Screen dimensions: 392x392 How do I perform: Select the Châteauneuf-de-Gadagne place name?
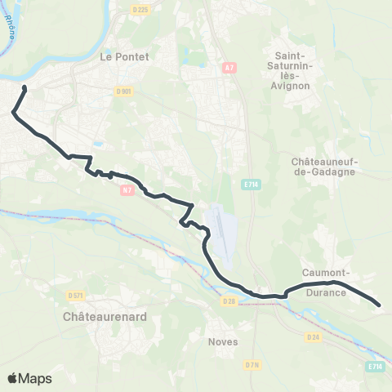coord(319,167)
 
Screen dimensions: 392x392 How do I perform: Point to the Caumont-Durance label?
coord(327,282)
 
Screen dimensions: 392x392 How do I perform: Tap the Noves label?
coord(223,341)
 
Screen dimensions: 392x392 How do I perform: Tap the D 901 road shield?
coord(124,91)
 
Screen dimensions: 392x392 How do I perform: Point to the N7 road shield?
coord(127,190)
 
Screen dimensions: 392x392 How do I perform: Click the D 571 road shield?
coord(76,295)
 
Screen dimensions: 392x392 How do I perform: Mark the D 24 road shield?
coord(313,336)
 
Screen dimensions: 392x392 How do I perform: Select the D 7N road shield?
coord(252,364)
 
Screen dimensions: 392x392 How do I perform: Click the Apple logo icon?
coord(13,378)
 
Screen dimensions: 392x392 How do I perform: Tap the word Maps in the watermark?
coord(36,378)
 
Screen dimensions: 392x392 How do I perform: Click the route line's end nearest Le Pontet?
coord(24,87)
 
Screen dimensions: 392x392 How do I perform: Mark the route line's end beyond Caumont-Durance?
coord(380,305)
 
